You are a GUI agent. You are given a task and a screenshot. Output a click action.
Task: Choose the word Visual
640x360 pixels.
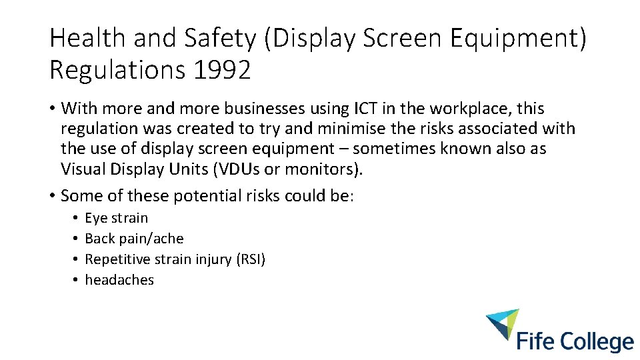[x=83, y=169]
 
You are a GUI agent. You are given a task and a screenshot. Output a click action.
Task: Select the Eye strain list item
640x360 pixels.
[x=117, y=218]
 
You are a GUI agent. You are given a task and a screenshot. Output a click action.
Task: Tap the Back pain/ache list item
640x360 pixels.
[x=134, y=239]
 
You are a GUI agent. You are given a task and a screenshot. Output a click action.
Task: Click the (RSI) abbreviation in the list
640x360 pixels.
[x=251, y=259]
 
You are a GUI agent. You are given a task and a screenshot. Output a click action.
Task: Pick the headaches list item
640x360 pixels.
[x=119, y=280]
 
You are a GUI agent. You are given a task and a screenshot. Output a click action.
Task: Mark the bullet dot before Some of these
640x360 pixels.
[x=53, y=196]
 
